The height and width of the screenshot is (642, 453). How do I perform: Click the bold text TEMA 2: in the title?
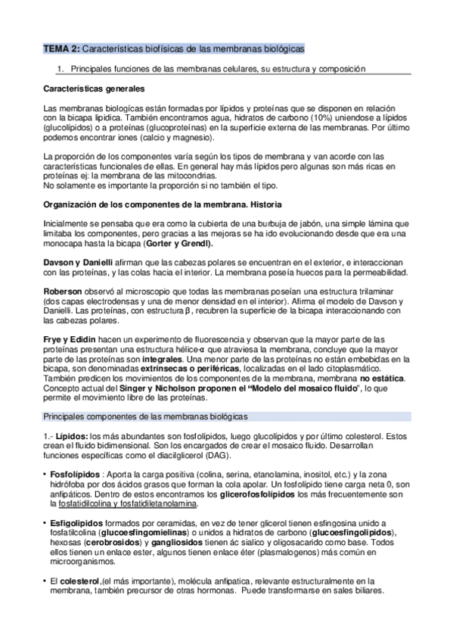pos(61,48)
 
